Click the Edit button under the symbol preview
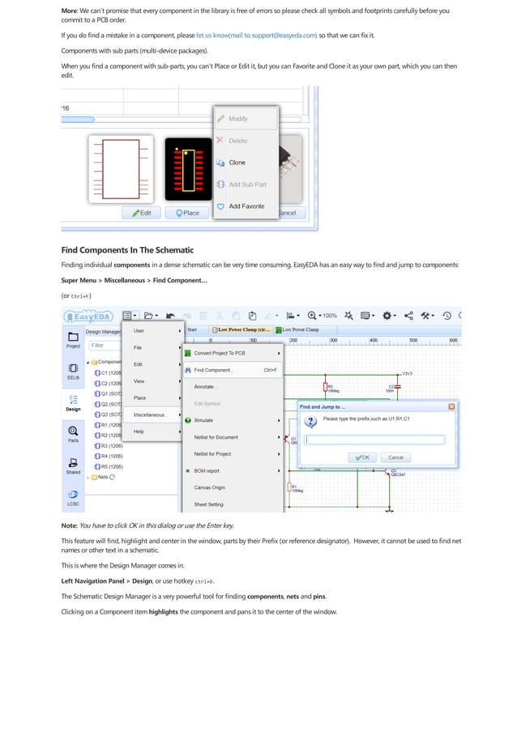coord(139,213)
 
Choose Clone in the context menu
coord(237,163)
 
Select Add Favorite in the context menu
coord(246,206)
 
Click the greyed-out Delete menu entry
coord(237,141)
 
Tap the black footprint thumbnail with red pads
coord(188,169)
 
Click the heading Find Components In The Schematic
coord(127,249)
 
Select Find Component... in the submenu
coord(213,370)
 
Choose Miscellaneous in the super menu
coord(148,414)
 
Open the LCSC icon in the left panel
coord(73,497)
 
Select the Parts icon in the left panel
coord(73,434)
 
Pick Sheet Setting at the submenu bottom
coord(208,504)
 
